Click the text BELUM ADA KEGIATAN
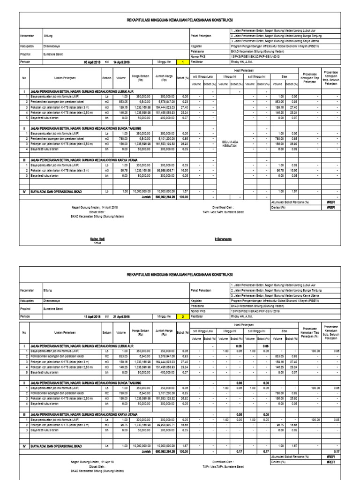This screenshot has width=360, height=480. [x=230, y=144]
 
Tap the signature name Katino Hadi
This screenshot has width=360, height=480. [x=97, y=239]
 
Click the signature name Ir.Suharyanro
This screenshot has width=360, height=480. [x=223, y=239]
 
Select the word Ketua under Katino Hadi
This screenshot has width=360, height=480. [x=97, y=243]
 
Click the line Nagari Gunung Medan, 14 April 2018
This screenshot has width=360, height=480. [x=95, y=207]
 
